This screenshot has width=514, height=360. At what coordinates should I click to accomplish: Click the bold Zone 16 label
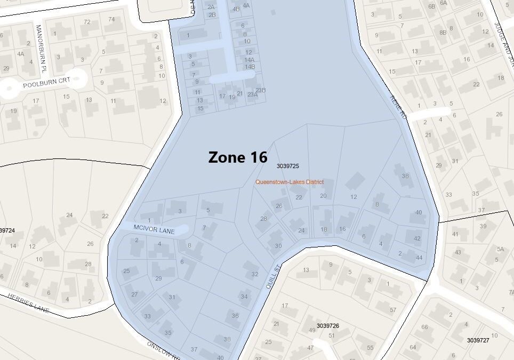[237, 157]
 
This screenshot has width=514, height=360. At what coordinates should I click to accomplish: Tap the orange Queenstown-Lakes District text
[289, 182]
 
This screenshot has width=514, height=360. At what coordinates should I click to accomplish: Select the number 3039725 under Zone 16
[287, 166]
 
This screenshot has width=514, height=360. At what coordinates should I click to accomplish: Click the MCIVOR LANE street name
[154, 228]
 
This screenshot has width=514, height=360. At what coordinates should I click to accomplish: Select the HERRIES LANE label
[28, 303]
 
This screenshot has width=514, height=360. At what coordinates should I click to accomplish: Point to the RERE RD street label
[399, 103]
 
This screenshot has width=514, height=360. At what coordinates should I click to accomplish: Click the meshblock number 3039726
[328, 325]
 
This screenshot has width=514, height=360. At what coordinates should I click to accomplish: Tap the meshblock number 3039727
[478, 340]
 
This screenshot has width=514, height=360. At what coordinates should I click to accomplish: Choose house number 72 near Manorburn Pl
[87, 22]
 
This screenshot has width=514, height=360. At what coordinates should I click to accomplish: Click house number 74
[111, 20]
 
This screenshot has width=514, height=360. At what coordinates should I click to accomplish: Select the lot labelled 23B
[260, 90]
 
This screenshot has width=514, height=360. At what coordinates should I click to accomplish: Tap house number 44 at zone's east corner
[419, 258]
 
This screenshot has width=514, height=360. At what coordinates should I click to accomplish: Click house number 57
[393, 310]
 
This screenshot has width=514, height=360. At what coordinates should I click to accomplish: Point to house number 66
[424, 327]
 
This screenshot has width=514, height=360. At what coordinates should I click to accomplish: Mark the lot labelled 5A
[500, 249]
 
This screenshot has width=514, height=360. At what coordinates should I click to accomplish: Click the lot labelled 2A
[211, 7]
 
